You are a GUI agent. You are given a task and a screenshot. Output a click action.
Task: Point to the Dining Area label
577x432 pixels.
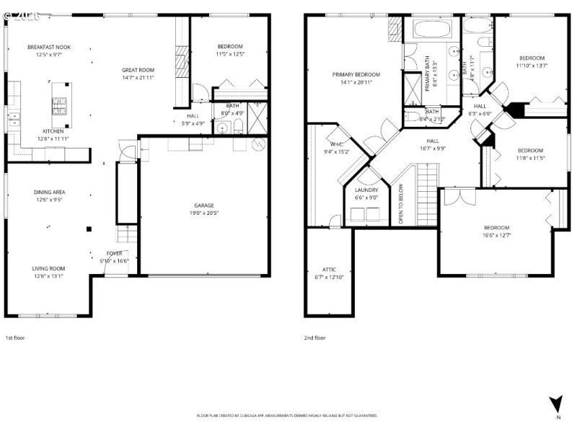[49, 192]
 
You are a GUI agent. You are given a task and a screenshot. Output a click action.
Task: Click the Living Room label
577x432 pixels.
[48, 268]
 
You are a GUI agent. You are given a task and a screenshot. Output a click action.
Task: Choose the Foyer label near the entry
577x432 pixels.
[114, 253]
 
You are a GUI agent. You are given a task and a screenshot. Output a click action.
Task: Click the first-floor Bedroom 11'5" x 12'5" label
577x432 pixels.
[230, 47]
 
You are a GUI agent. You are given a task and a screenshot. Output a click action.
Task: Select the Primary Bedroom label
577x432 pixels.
[356, 74]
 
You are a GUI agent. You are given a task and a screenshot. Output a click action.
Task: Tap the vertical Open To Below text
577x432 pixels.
[402, 204]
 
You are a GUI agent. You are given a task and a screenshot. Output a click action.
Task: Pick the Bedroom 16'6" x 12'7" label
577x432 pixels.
[496, 228]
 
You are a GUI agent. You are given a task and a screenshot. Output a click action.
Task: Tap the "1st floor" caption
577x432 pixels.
[16, 337]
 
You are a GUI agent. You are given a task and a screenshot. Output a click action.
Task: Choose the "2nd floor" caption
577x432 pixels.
[315, 337]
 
